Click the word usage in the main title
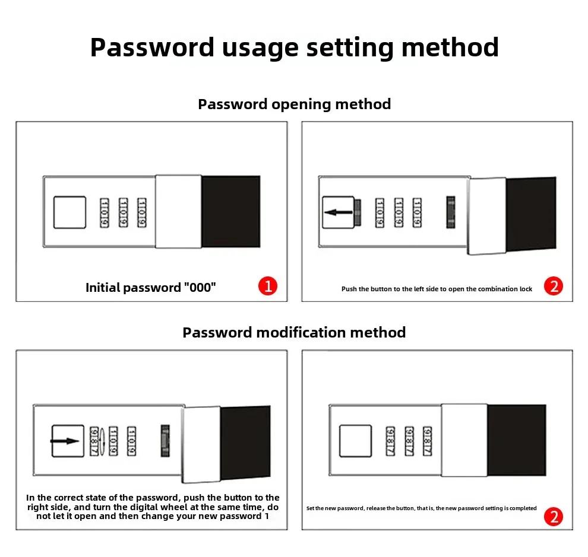pyautogui.click(x=260, y=47)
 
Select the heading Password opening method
pyautogui.click(x=294, y=104)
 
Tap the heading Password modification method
pyautogui.click(x=294, y=332)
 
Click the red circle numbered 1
pyautogui.click(x=267, y=287)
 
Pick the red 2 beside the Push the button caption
pyautogui.click(x=554, y=287)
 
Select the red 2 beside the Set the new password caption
pyautogui.click(x=554, y=517)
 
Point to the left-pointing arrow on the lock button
pyautogui.click(x=337, y=212)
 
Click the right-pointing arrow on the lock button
pyautogui.click(x=65, y=441)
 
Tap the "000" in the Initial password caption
pyautogui.click(x=200, y=288)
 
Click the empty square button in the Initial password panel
pyautogui.click(x=69, y=212)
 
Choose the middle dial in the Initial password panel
pyautogui.click(x=123, y=213)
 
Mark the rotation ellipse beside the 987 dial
pyautogui.click(x=103, y=442)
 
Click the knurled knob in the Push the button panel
pyautogui.click(x=451, y=212)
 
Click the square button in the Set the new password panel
pyautogui.click(x=355, y=441)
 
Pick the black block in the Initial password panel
pyautogui.click(x=231, y=211)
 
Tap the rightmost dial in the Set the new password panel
pyautogui.click(x=427, y=442)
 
